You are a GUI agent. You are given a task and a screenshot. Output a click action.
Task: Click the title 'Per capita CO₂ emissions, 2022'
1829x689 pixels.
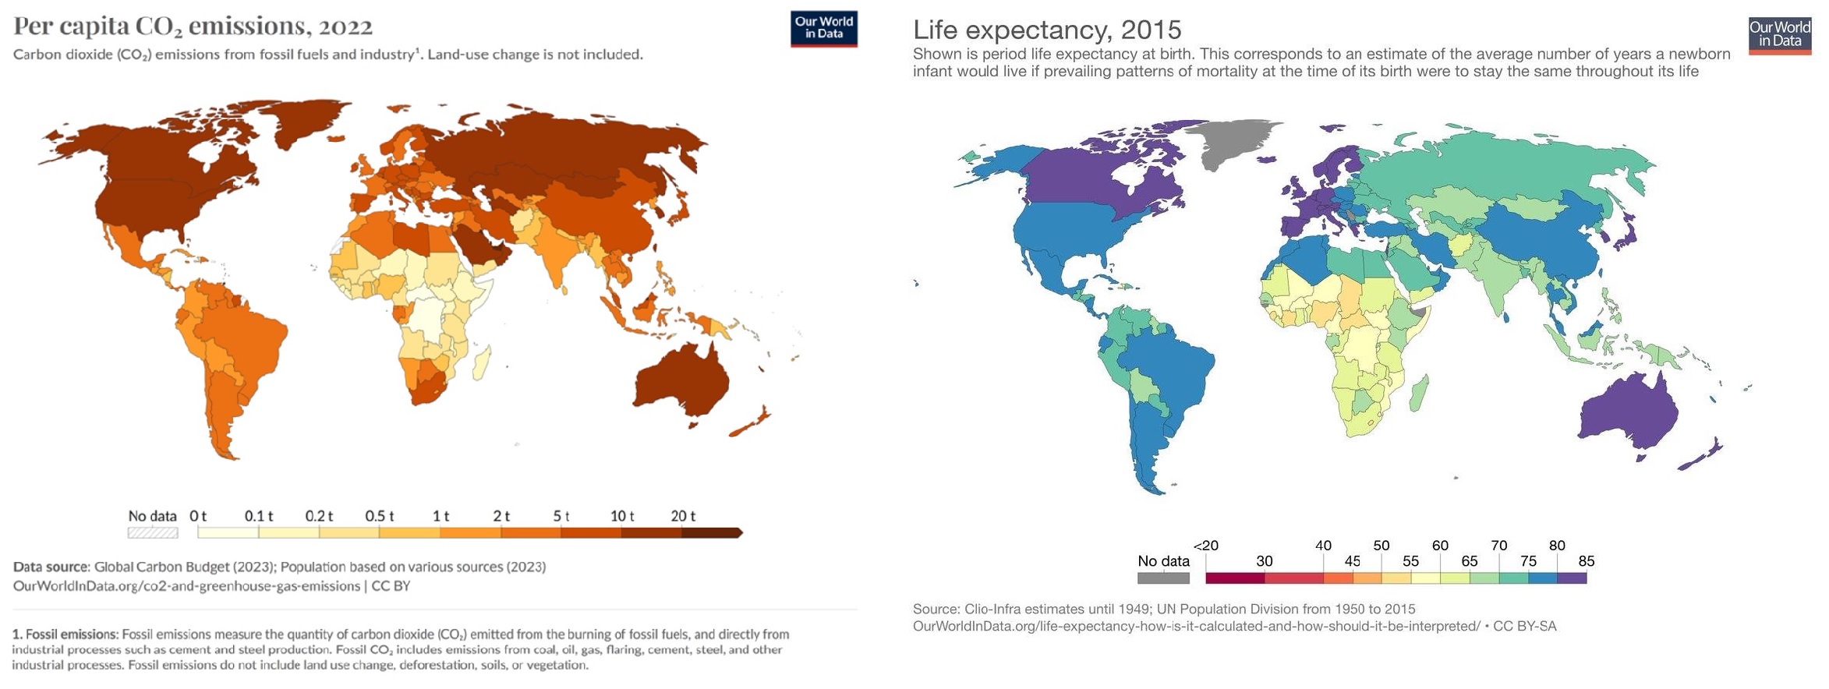(193, 26)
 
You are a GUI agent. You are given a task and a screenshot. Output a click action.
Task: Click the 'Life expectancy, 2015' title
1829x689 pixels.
(1046, 30)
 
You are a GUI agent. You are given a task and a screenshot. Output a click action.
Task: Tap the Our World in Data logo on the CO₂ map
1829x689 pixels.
(823, 29)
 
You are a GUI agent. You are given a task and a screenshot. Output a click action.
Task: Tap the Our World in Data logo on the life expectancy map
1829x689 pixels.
(1779, 35)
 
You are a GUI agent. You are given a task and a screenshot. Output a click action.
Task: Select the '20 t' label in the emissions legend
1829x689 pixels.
(683, 516)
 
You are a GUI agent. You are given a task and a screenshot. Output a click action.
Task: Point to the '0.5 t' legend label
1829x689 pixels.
(380, 516)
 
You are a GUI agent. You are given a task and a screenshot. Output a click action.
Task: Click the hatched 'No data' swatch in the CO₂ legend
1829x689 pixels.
(153, 533)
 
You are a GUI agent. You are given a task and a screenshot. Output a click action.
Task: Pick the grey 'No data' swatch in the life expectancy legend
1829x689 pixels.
(1163, 578)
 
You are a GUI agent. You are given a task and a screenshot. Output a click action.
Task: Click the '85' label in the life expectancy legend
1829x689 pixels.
(1586, 561)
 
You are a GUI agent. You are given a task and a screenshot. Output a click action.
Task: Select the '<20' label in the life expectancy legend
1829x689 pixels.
(1205, 546)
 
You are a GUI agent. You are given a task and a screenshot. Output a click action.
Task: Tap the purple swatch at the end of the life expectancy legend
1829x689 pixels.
(1571, 578)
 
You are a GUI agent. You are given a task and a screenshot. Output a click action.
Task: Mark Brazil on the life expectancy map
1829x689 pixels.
(1166, 374)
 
